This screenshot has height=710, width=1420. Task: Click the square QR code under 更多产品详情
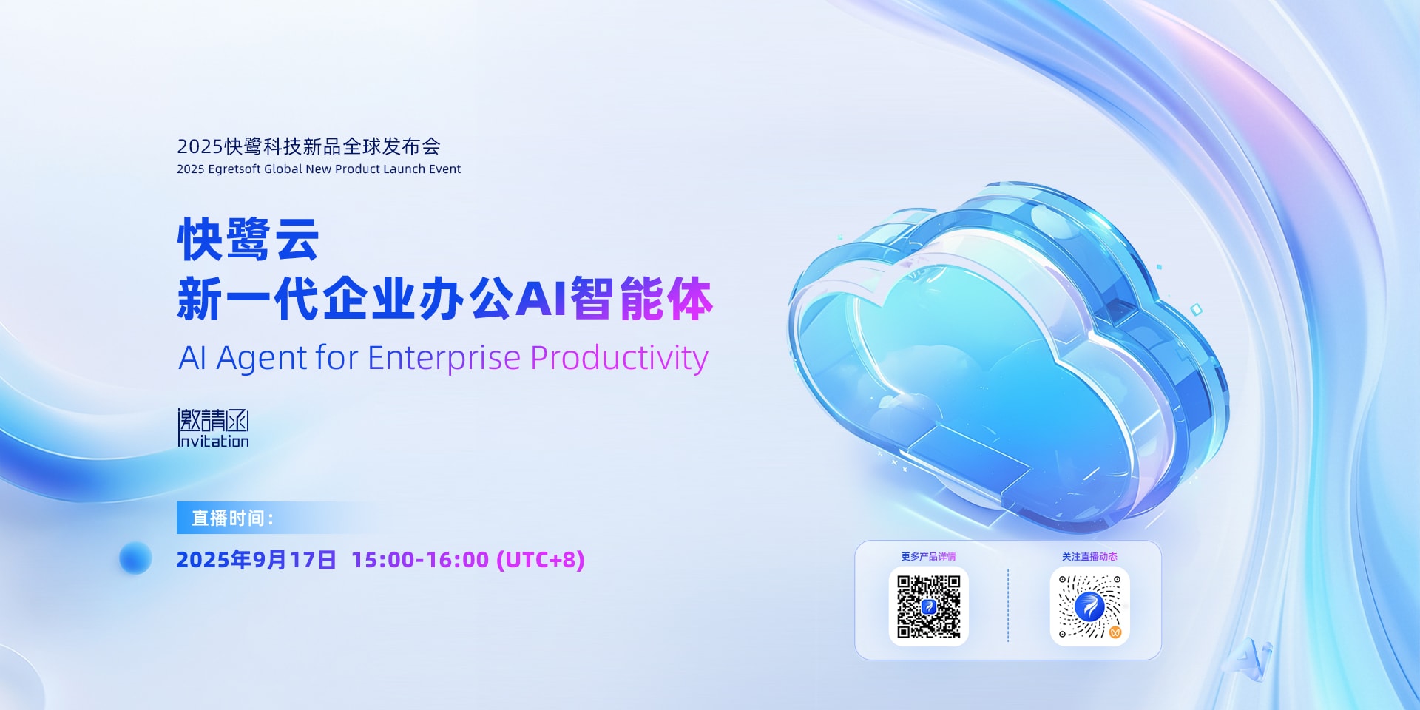(x=928, y=606)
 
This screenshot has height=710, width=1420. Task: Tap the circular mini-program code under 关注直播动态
(x=1089, y=606)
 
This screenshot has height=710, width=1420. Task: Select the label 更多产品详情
(x=928, y=556)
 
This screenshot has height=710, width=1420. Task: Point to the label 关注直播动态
(x=1089, y=556)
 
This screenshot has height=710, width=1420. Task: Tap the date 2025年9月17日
(x=256, y=560)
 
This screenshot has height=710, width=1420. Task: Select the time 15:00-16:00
(x=420, y=560)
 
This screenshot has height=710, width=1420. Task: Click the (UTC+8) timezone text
(x=541, y=560)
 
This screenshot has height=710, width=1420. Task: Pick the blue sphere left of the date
(x=135, y=558)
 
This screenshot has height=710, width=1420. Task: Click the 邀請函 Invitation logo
(x=214, y=428)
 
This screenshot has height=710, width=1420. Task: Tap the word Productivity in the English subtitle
(x=619, y=358)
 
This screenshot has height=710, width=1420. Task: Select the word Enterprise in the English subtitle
(x=444, y=358)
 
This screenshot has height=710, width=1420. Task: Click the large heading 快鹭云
(x=248, y=240)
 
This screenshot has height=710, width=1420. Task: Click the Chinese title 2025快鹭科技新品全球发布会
(x=308, y=146)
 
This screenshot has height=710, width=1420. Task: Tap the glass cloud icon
(x=1006, y=355)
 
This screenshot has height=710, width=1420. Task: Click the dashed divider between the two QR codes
(x=1008, y=605)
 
